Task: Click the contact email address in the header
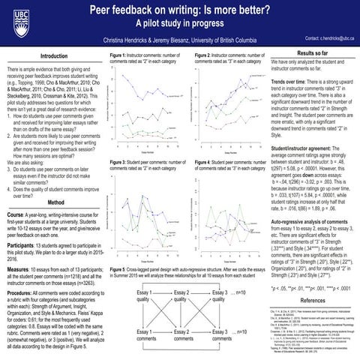point(324,37)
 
